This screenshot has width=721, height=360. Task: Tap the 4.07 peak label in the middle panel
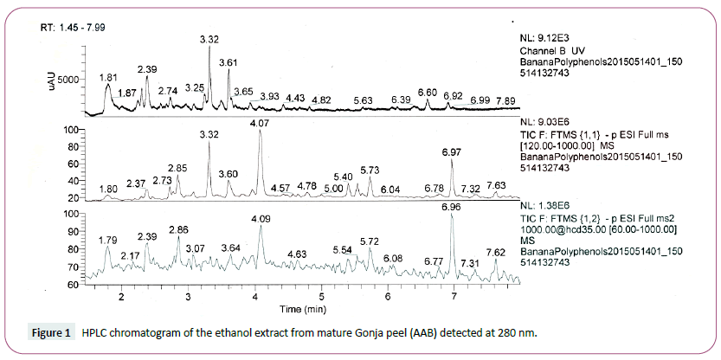click(260, 125)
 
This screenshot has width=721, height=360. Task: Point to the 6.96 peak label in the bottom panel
click(450, 209)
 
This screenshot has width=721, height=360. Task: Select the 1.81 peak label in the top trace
click(108, 77)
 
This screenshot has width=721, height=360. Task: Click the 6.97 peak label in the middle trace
click(451, 152)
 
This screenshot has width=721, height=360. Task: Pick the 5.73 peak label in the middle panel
click(370, 170)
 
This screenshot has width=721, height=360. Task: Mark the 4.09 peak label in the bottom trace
click(261, 219)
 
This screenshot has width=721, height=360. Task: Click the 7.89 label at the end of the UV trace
click(506, 101)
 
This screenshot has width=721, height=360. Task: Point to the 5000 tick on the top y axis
click(69, 78)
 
